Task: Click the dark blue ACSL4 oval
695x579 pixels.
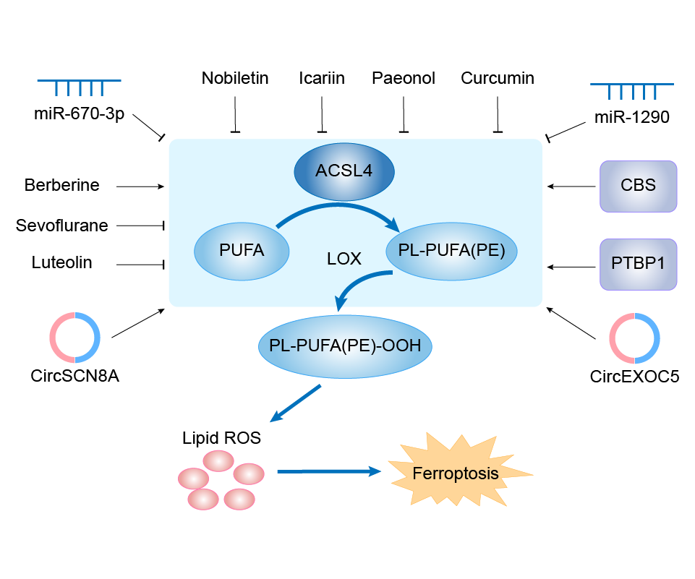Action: click(344, 171)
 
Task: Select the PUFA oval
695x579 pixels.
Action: click(242, 251)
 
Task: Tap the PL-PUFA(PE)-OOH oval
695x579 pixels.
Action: click(345, 346)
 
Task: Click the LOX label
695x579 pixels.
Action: click(344, 259)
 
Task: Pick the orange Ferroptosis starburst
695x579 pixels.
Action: click(456, 474)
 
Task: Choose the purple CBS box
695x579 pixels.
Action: click(638, 186)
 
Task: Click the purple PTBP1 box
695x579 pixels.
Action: click(638, 265)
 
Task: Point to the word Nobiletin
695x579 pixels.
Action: click(235, 78)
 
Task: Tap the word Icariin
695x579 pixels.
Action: click(322, 78)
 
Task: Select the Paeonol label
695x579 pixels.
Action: click(404, 78)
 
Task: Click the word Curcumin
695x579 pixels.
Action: click(498, 78)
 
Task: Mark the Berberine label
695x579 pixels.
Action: click(61, 186)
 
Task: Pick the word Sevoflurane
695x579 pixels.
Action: click(62, 226)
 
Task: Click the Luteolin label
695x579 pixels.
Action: click(62, 262)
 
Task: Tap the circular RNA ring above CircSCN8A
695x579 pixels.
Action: click(75, 338)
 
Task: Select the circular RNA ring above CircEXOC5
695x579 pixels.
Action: click(634, 338)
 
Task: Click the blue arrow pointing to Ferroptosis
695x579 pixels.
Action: click(329, 471)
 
